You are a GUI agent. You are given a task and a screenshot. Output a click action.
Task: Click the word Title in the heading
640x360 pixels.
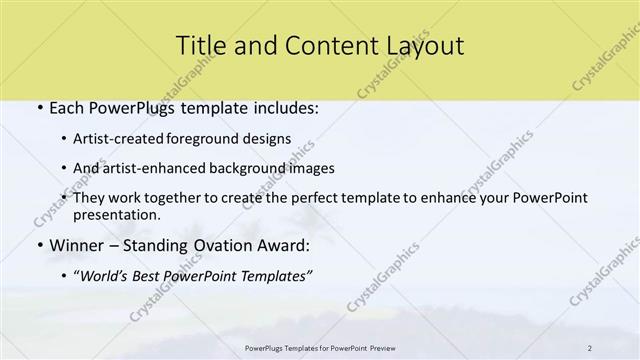(198, 45)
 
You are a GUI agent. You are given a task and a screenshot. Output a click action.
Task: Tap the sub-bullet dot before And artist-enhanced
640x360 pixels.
(64, 168)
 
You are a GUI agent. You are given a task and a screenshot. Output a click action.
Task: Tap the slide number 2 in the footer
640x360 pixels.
(590, 348)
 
